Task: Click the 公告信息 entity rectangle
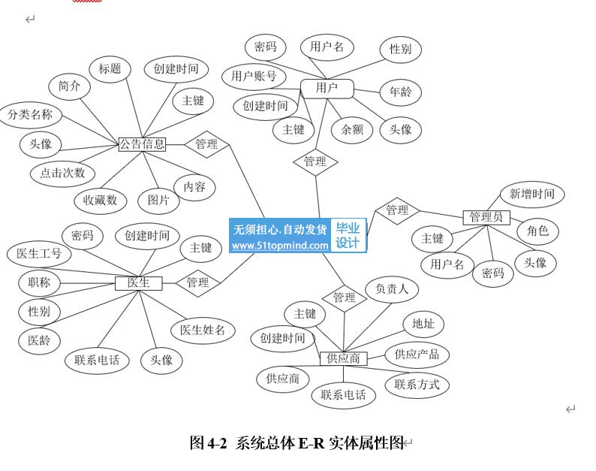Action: click(142, 144)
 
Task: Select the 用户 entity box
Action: click(327, 89)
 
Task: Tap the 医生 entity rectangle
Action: click(138, 282)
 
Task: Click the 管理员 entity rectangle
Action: click(486, 218)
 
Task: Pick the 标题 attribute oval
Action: click(110, 69)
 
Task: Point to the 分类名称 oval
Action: click(30, 115)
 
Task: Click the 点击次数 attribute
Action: click(62, 173)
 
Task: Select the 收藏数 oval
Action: click(100, 200)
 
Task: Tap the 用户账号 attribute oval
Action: click(254, 76)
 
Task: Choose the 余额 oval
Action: click(352, 129)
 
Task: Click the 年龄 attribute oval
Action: click(400, 93)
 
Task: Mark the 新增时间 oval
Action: click(532, 194)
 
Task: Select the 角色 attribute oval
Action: click(537, 231)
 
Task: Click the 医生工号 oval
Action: click(39, 254)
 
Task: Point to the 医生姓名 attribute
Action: click(203, 330)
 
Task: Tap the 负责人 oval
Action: click(392, 288)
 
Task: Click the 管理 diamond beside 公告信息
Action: click(206, 144)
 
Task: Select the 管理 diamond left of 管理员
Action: click(397, 210)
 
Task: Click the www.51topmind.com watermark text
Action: click(279, 245)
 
